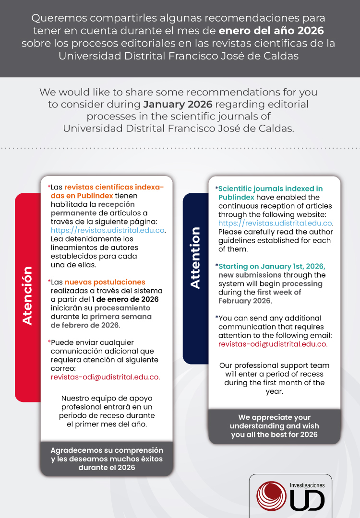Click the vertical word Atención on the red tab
[28, 295]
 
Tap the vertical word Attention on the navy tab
[195, 258]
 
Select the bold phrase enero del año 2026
[272, 31]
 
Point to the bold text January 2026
[178, 104]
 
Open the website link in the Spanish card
[108, 230]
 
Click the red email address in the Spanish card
[106, 377]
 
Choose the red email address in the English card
[273, 344]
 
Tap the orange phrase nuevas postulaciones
[105, 282]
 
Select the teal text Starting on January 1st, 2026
[272, 266]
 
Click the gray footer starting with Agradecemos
[107, 459]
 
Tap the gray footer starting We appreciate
[274, 426]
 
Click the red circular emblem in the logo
[272, 496]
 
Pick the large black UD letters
[307, 501]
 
